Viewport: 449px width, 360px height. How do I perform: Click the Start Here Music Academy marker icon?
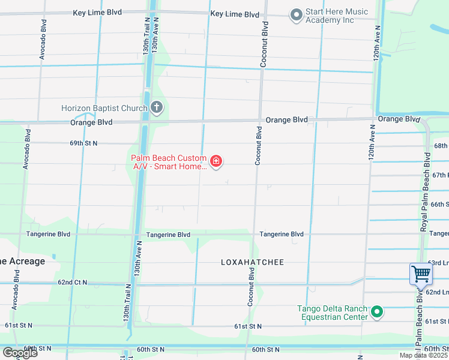(x=295, y=15)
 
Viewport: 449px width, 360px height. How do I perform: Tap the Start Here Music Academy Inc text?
(x=336, y=16)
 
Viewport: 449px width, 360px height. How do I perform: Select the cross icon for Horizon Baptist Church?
(x=156, y=108)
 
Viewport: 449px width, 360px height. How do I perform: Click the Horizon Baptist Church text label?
(x=104, y=109)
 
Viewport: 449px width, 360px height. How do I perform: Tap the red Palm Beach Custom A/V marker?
(x=215, y=161)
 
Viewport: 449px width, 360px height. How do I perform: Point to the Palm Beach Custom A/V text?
(x=169, y=162)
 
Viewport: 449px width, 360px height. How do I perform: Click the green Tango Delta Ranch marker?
(x=377, y=311)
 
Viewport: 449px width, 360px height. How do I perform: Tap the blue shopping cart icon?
(x=421, y=274)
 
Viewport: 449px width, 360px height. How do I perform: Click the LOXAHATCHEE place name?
(x=252, y=262)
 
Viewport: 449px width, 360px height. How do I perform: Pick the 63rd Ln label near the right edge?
(x=438, y=263)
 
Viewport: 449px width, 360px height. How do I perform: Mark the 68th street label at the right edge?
(x=441, y=146)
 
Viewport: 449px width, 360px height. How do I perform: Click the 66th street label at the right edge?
(x=441, y=204)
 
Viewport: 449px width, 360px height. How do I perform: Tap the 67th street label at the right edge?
(x=441, y=175)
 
